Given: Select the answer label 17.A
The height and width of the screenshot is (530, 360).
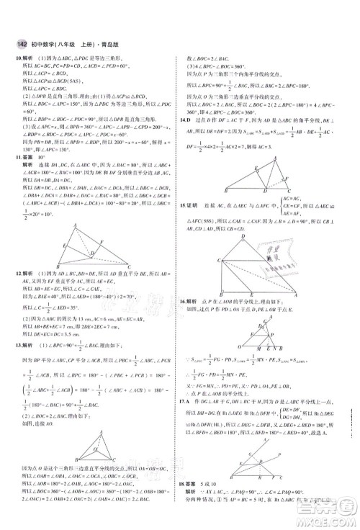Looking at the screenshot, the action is click(x=189, y=400).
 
